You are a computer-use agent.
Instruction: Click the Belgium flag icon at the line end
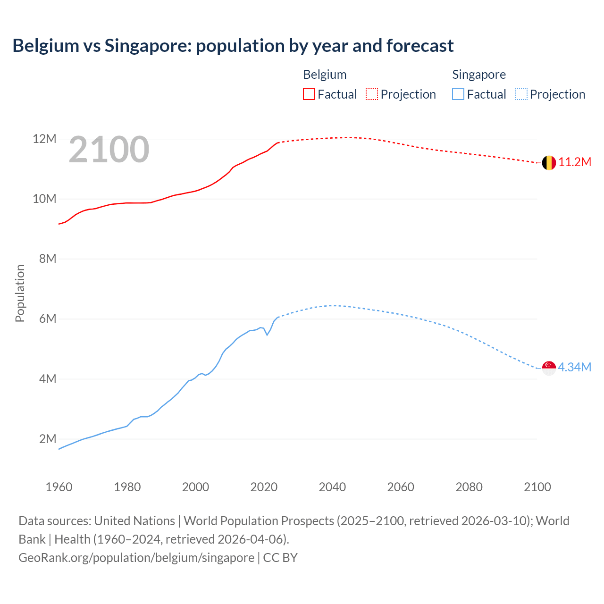coord(549,163)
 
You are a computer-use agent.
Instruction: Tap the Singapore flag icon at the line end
coord(549,368)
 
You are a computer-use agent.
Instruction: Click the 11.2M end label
coord(575,162)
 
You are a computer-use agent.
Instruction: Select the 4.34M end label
coord(574,367)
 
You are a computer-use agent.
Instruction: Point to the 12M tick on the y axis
coord(44,139)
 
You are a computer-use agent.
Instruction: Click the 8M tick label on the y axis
coord(47,259)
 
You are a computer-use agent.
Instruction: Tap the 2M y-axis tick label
coord(47,439)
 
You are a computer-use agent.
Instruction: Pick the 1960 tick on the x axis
coord(59,487)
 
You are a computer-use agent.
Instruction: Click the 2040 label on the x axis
coord(332,487)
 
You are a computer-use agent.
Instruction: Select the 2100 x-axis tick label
coord(537,487)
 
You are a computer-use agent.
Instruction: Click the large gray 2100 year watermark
coord(109,150)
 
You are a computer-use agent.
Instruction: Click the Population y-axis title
coord(20,293)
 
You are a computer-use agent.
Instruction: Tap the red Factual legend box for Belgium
coord(309,94)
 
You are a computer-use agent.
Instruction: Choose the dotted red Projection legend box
coord(372,94)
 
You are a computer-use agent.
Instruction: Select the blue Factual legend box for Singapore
coord(458,94)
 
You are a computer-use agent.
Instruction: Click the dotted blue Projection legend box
coord(521,94)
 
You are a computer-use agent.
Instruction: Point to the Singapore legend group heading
coord(478,75)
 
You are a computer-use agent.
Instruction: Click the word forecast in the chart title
coord(419,46)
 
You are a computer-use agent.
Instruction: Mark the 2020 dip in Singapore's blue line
coord(267,335)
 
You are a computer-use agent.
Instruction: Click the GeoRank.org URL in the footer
coord(136,558)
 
